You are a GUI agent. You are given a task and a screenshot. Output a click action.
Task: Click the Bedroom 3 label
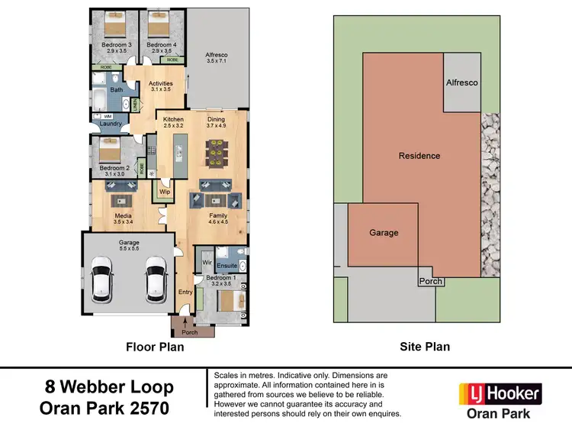click(117, 45)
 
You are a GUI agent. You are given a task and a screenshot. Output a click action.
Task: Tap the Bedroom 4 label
click(162, 45)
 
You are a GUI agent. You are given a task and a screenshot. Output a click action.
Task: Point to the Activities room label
click(161, 84)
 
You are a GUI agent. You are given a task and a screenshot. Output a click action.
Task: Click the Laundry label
click(111, 123)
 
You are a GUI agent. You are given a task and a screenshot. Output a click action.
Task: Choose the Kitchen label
click(174, 120)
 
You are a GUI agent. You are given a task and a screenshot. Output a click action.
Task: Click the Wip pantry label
click(165, 192)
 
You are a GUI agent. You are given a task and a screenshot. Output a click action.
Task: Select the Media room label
click(123, 217)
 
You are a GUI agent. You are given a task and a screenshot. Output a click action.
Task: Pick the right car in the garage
click(156, 278)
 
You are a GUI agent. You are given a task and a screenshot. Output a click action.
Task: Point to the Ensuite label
click(227, 266)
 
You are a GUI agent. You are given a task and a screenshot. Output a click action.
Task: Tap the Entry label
click(185, 293)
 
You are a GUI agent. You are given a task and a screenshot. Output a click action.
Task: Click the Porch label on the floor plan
click(189, 332)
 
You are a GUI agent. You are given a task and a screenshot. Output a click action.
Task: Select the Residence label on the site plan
click(419, 156)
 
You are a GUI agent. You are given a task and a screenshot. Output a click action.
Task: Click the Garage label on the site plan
click(384, 233)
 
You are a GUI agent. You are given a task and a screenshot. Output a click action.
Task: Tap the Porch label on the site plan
click(431, 281)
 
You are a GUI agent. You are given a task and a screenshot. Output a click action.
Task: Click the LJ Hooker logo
click(500, 394)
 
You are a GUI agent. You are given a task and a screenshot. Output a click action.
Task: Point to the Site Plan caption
click(425, 347)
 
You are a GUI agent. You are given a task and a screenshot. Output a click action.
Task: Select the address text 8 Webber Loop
click(109, 387)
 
